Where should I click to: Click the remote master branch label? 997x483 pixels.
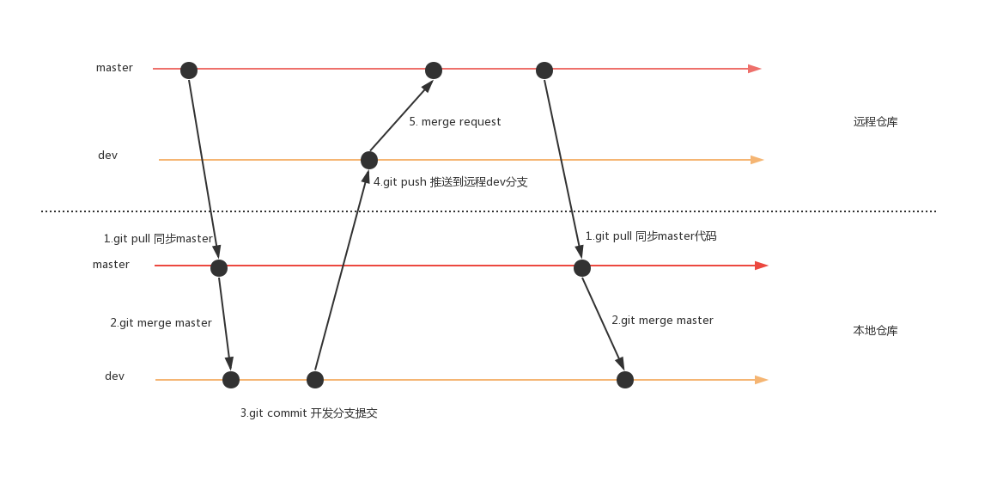(114, 68)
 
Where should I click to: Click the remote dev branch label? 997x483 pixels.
(107, 156)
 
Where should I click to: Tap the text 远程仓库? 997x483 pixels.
(875, 122)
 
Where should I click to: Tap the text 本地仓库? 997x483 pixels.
(875, 331)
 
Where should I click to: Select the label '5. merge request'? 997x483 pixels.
(454, 122)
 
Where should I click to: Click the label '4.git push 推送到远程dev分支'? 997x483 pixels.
(450, 182)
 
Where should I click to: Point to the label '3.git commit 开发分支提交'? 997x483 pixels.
(308, 413)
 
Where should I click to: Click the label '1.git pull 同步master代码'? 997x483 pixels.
(650, 236)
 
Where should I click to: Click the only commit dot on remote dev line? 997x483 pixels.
(369, 160)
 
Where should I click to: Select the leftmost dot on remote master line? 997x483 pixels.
(189, 70)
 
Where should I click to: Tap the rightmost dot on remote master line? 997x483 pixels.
(544, 70)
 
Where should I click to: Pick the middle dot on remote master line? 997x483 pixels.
(434, 70)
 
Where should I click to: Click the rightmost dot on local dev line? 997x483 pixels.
(625, 380)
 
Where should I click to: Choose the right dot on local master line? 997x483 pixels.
(582, 268)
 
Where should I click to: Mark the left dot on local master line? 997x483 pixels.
(219, 268)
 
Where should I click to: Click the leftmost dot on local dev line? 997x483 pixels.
(231, 380)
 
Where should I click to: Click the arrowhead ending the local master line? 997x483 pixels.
(761, 266)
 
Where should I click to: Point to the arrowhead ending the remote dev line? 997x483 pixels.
(757, 160)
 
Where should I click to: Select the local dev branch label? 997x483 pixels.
(114, 376)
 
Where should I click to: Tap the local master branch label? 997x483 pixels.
(111, 265)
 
